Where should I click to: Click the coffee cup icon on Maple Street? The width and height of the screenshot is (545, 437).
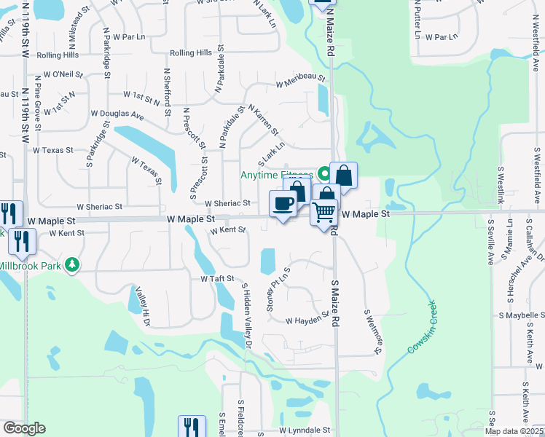pos(282,204)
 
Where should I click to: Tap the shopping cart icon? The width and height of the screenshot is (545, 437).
pos(324,213)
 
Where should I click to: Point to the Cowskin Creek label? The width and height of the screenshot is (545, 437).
pos(422,328)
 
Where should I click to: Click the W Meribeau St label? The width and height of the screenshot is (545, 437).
pos(299,81)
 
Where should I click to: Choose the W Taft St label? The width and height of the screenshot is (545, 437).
pos(217,278)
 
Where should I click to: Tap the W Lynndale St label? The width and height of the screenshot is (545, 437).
pos(304,430)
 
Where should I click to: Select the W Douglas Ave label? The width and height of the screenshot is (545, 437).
pos(117,114)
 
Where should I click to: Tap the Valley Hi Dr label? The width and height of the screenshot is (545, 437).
pos(143,307)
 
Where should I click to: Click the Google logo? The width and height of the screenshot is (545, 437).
pos(23,428)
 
